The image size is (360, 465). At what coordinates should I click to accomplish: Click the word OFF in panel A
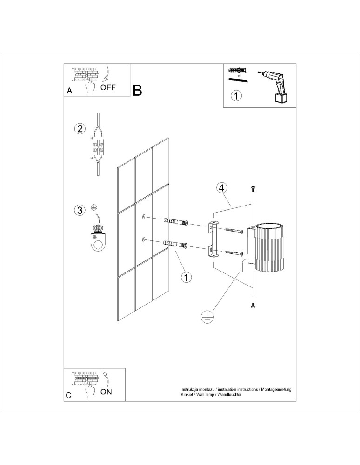[108, 87]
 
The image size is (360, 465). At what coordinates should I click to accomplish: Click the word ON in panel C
[106, 392]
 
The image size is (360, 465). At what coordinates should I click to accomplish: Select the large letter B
[137, 90]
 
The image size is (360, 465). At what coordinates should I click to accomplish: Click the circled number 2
[80, 129]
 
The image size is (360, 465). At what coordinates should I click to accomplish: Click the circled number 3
[80, 210]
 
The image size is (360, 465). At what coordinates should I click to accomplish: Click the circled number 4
[222, 188]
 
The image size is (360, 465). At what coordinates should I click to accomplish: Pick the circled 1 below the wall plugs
[186, 277]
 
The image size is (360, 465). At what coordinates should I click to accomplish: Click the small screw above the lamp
[253, 189]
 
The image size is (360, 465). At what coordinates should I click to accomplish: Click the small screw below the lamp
[253, 305]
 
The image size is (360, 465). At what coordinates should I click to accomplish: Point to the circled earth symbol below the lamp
[205, 317]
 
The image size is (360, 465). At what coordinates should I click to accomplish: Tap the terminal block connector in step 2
[99, 148]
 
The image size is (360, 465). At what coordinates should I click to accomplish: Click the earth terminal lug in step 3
[98, 238]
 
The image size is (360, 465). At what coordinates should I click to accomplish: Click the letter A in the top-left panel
[69, 91]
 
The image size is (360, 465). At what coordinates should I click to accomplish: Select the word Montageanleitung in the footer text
[276, 388]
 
